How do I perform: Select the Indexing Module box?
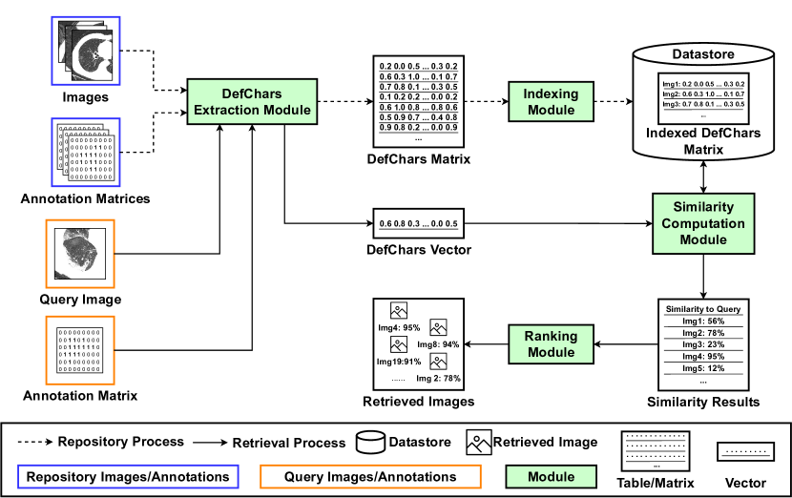[x=552, y=102]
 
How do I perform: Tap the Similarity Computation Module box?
[x=704, y=224]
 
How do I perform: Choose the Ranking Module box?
[x=552, y=343]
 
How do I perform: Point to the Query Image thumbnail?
[x=79, y=254]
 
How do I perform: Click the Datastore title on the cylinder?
[x=703, y=53]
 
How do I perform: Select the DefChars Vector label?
[x=418, y=251]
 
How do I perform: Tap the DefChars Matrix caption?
[x=419, y=158]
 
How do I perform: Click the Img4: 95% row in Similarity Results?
[x=703, y=357]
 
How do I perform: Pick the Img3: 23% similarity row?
[x=703, y=344]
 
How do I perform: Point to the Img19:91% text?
[x=399, y=362]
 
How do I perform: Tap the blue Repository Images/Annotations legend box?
[x=128, y=476]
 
